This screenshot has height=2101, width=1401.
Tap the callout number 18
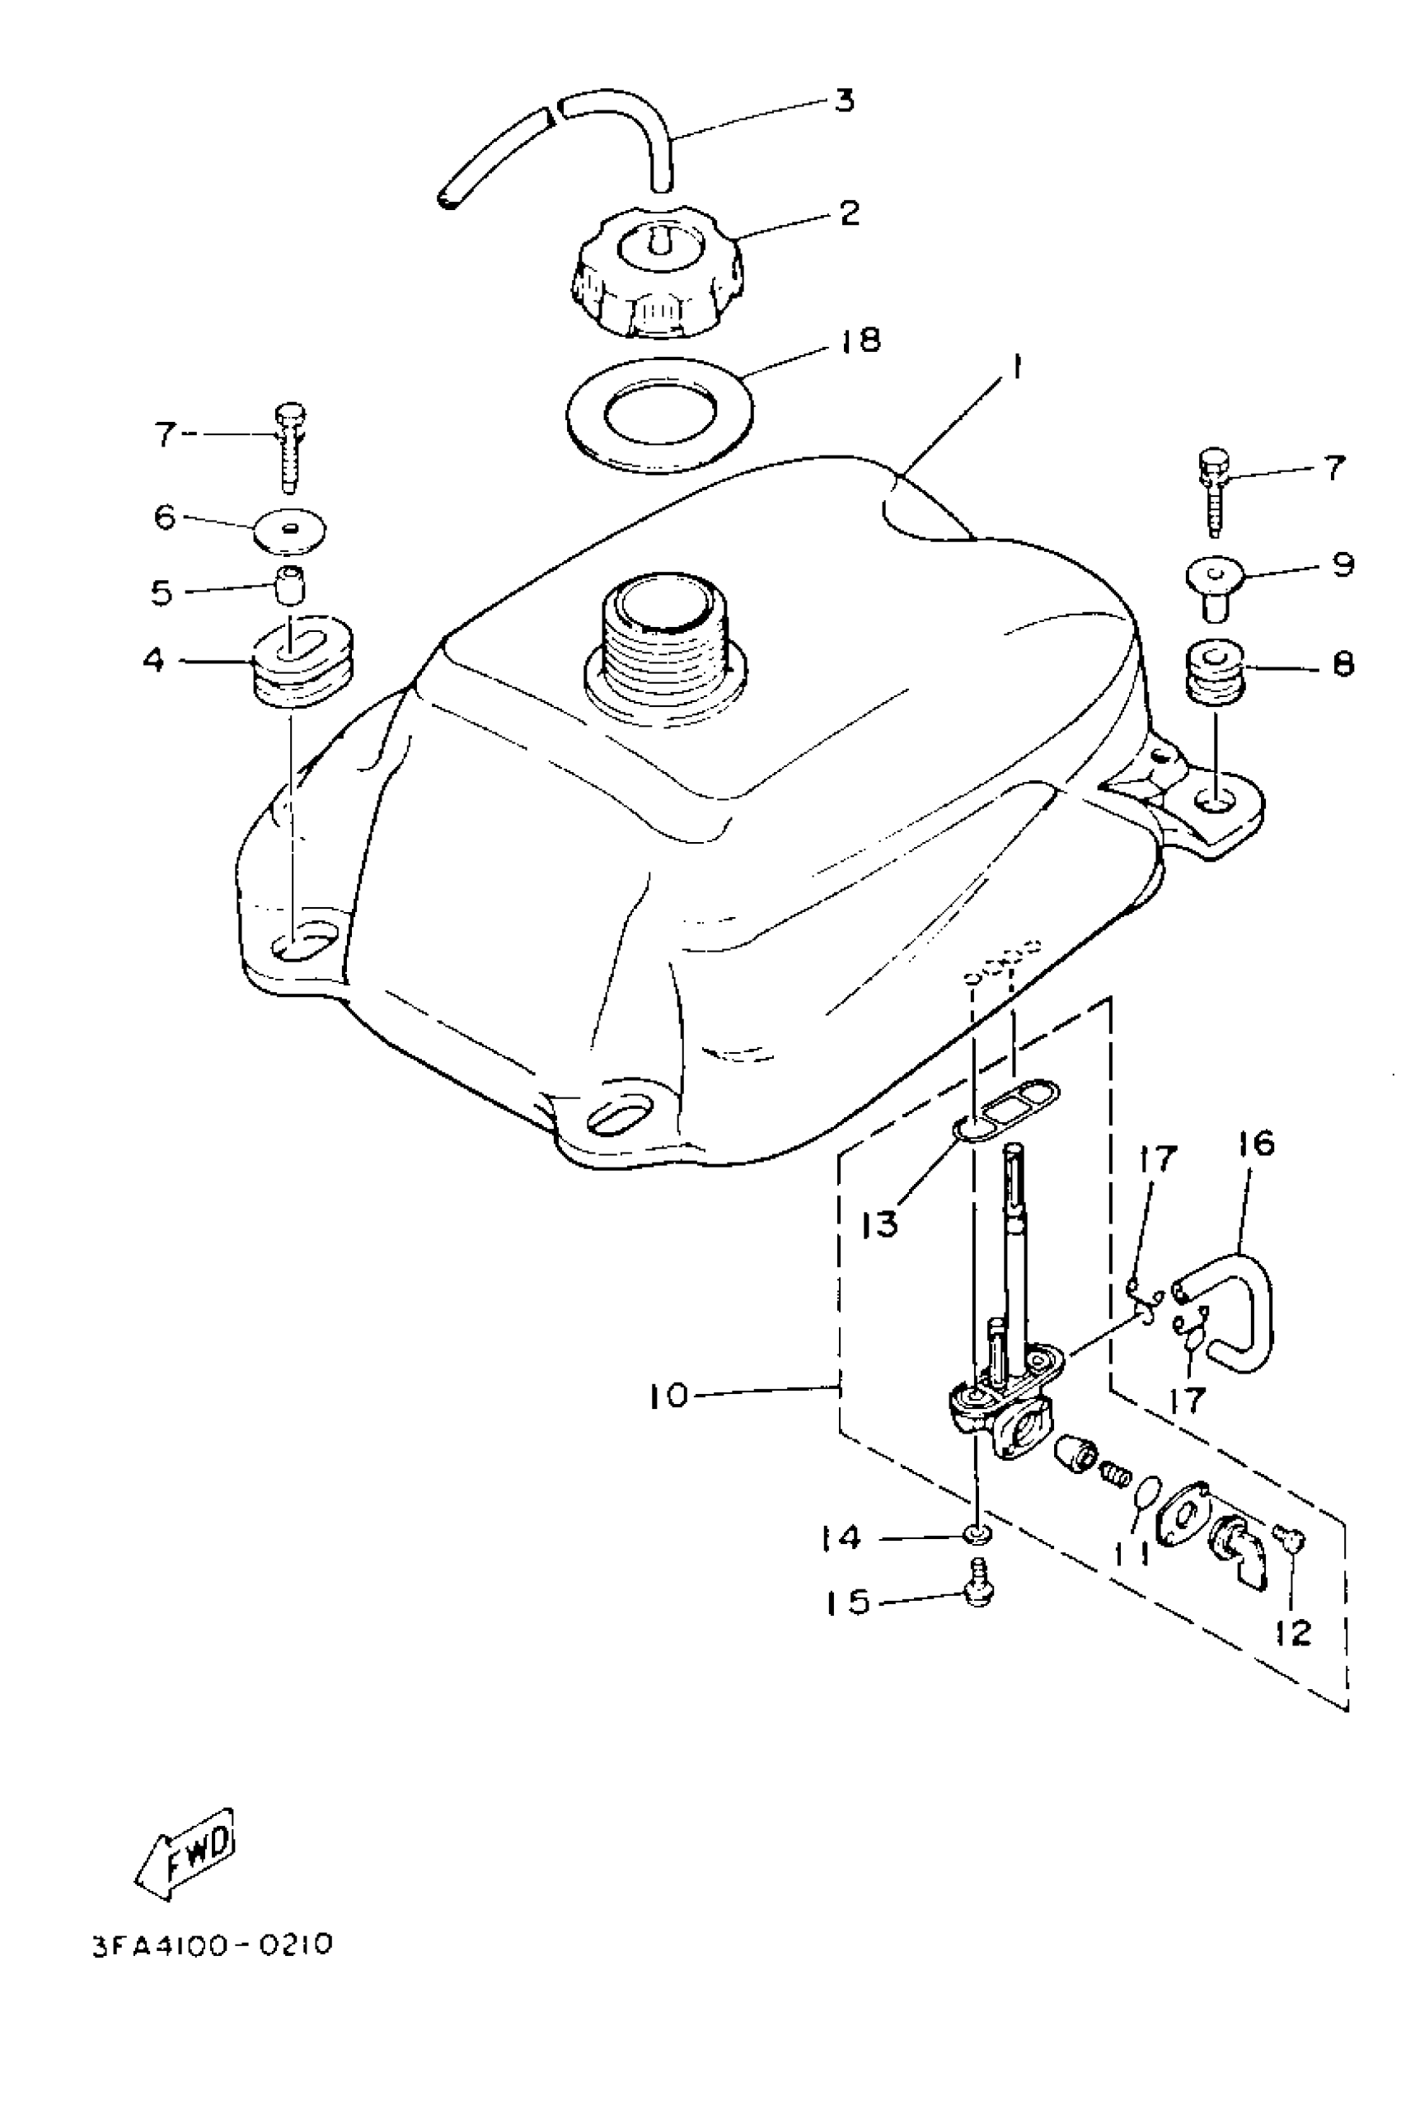tap(860, 340)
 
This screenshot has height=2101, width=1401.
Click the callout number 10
tap(669, 1394)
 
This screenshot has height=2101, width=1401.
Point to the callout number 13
tap(881, 1224)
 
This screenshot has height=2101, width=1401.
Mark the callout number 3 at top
tap(843, 100)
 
